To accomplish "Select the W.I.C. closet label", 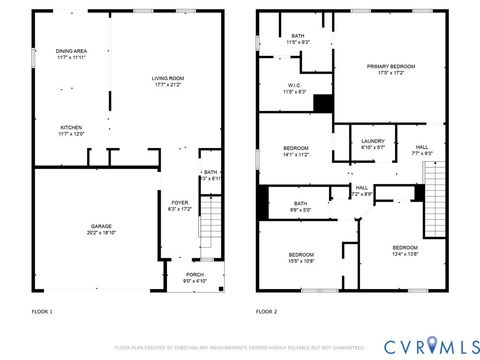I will pos(295,88).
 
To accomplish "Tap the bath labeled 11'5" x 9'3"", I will pos(298,39).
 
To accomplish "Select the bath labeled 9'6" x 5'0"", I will pos(300,206).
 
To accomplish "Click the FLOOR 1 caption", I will pos(42,312).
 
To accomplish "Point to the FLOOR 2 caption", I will pos(267,312).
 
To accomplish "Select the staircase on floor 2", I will pos(433,195).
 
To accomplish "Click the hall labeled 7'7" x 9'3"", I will pos(421,149).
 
